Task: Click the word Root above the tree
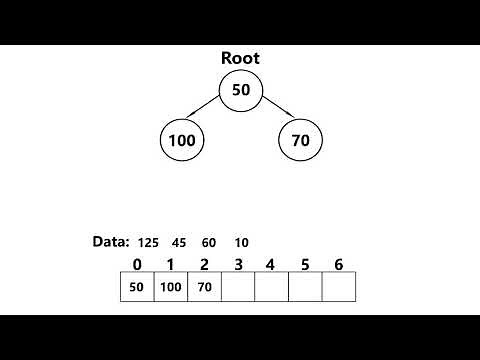(x=240, y=59)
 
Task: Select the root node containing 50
(x=240, y=91)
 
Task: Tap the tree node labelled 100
(x=181, y=141)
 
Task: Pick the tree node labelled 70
(x=300, y=141)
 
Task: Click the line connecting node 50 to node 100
(x=208, y=114)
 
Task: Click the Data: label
(x=111, y=242)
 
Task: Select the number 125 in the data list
(x=149, y=243)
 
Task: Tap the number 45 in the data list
(x=180, y=243)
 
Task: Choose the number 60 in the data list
(x=209, y=243)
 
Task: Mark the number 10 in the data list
(x=242, y=243)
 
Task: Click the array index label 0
(x=137, y=265)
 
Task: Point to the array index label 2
(x=204, y=265)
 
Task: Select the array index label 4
(x=271, y=265)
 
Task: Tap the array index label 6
(x=338, y=265)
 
